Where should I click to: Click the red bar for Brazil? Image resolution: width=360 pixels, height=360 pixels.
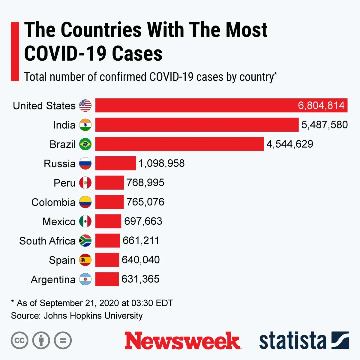(x=179, y=144)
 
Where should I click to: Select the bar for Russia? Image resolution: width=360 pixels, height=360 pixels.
(x=115, y=163)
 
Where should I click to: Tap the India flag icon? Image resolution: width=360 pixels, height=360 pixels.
(x=85, y=125)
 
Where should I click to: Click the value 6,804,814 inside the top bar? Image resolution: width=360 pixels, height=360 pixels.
(x=321, y=106)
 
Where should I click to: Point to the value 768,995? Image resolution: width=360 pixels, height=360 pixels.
(x=145, y=183)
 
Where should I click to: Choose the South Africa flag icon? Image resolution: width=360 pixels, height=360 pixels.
(x=85, y=241)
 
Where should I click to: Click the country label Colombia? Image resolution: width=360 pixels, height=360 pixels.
(x=53, y=202)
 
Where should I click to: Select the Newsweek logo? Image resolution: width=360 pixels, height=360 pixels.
(x=182, y=341)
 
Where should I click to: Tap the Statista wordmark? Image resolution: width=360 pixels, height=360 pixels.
(x=292, y=341)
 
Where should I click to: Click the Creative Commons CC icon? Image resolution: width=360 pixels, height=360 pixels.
(x=19, y=340)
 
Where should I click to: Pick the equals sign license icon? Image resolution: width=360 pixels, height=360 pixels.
(x=63, y=340)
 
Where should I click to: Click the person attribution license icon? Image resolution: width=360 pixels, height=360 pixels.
(x=41, y=340)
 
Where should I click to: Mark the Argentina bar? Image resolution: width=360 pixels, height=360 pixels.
(x=107, y=279)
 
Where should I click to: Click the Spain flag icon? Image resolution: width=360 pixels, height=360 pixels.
(x=85, y=260)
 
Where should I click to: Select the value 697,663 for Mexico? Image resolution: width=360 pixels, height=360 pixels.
(x=143, y=221)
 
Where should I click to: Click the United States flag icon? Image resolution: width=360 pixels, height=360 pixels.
(x=85, y=106)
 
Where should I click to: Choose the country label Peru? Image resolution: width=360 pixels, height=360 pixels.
(x=64, y=183)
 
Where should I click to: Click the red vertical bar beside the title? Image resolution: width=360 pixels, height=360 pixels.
(x=15, y=51)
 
